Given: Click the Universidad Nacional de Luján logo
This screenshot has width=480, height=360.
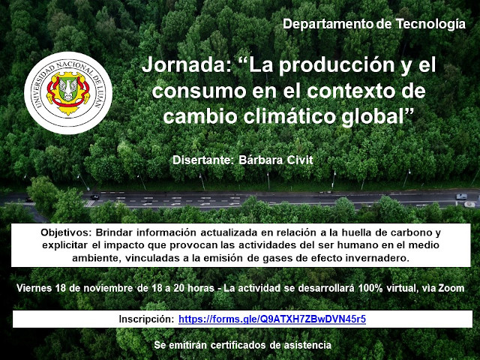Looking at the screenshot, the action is click(68, 93).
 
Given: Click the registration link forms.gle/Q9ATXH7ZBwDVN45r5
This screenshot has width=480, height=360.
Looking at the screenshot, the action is click(272, 319).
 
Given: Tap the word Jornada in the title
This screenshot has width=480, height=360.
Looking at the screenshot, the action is click(187, 64).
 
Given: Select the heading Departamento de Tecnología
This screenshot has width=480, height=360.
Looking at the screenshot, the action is click(374, 24).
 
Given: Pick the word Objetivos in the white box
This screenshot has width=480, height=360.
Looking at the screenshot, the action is click(66, 232).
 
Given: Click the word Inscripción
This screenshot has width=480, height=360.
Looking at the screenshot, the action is click(146, 319).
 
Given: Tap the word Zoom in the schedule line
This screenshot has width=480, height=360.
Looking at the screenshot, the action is click(451, 288).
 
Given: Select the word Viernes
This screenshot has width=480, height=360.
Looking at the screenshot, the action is click(34, 288).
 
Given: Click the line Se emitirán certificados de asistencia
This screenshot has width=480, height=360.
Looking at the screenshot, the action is click(242, 345).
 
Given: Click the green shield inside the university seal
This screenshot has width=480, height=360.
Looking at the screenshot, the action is click(68, 89).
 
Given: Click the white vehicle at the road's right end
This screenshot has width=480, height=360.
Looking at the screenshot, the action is click(461, 196).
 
